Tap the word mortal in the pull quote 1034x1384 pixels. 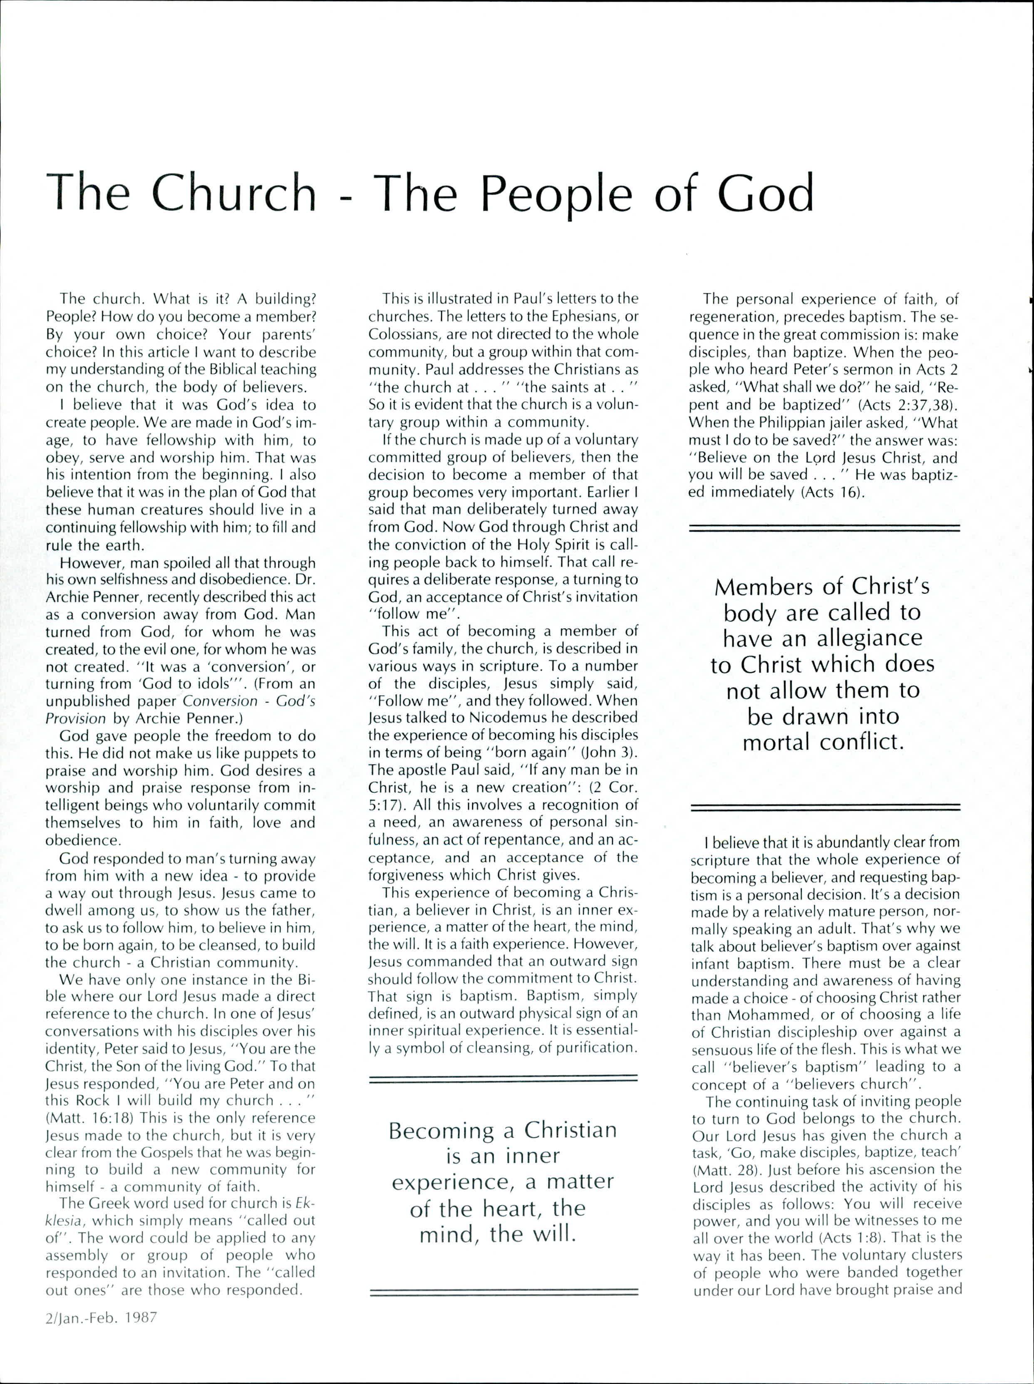coord(777,742)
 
